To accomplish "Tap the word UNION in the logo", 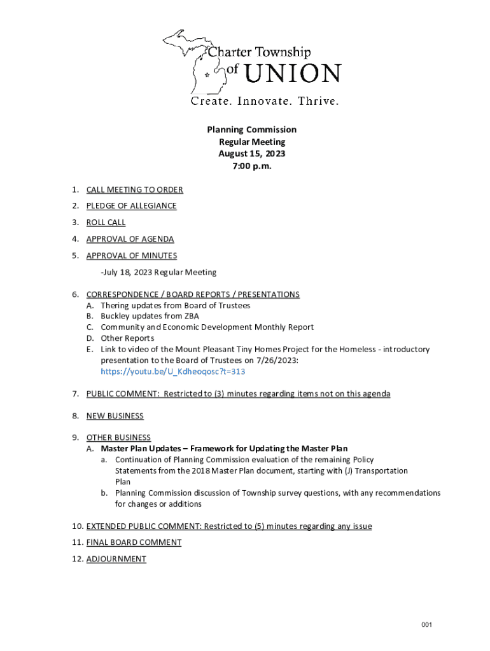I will (x=293, y=74).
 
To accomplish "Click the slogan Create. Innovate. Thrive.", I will (x=265, y=102).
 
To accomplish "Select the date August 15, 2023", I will (x=251, y=154).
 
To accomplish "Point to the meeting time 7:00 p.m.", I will (x=251, y=166).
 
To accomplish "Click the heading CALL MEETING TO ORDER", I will (x=135, y=189).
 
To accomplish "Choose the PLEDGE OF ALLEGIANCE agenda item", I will (x=131, y=206).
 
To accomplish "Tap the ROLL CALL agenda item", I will (x=106, y=223).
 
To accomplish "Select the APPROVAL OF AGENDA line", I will (x=130, y=239).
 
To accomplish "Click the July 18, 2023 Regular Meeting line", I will (x=158, y=272).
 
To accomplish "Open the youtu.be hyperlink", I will (x=173, y=371).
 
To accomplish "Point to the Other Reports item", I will (x=127, y=338).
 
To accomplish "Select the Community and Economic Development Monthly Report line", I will (x=207, y=327).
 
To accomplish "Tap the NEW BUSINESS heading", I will (x=115, y=416).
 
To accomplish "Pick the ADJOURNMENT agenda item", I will (x=116, y=559).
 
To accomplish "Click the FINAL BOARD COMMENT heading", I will (x=134, y=542).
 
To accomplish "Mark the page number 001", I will (x=426, y=625).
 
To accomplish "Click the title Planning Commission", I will (x=251, y=130).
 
